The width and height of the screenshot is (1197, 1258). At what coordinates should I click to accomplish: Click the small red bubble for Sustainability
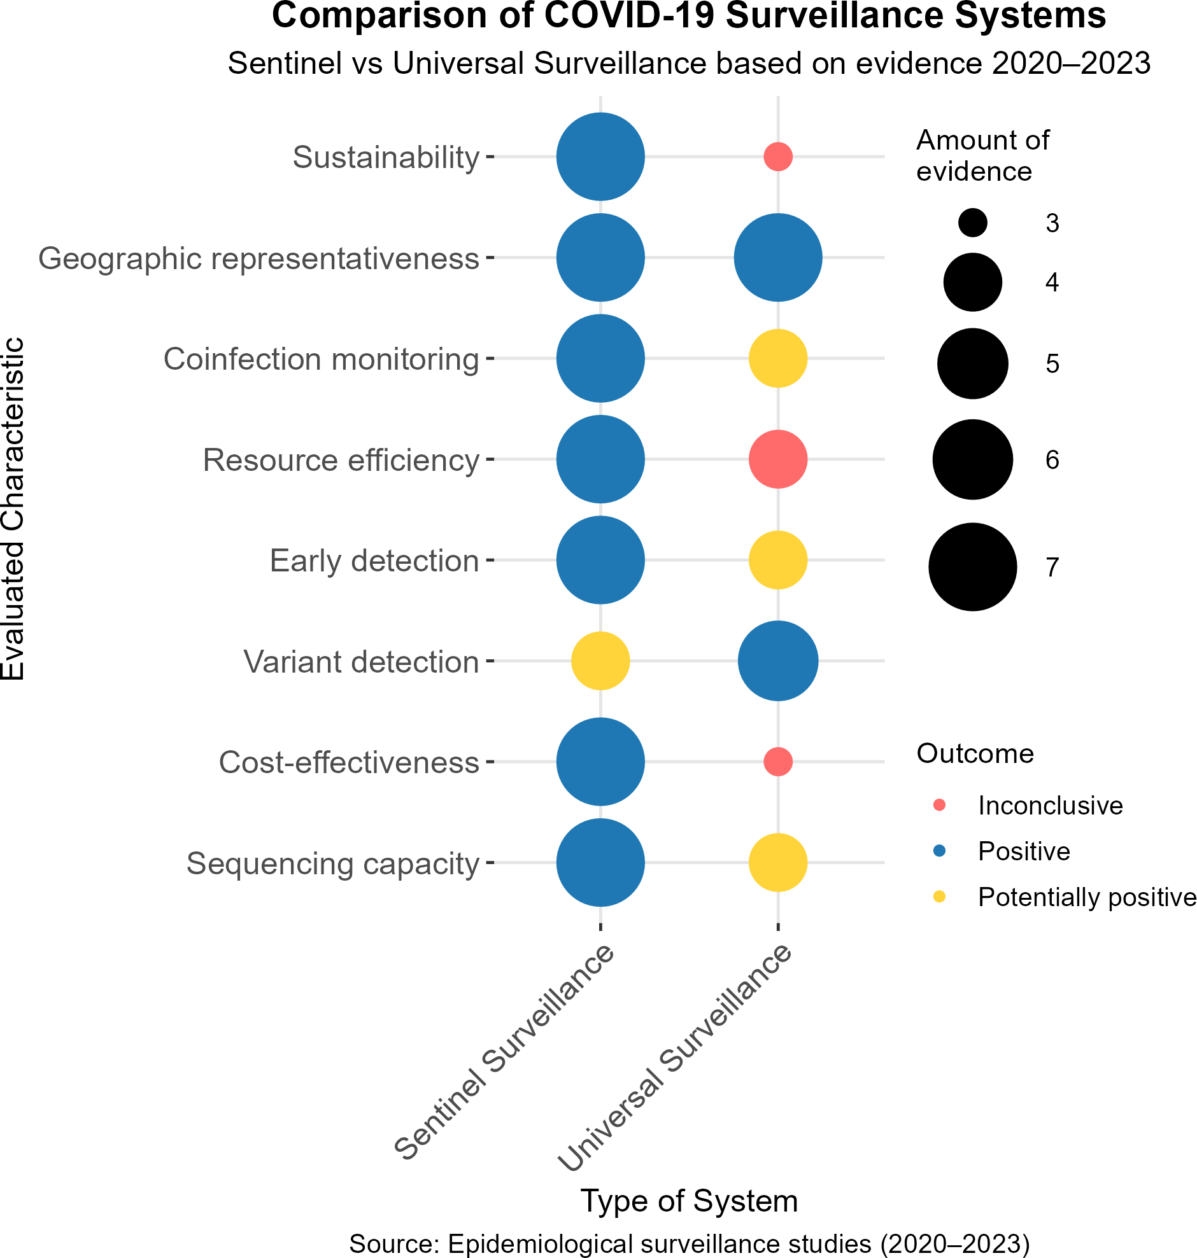778,156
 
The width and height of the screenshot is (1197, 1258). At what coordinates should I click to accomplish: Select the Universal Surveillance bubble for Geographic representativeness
778,258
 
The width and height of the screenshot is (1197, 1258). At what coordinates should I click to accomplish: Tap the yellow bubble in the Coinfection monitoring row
778,358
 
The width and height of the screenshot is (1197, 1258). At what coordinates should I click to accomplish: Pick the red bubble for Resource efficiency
778,459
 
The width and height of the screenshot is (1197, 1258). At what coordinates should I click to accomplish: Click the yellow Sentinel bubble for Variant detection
600,661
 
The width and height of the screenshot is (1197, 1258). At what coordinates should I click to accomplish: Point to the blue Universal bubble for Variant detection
778,661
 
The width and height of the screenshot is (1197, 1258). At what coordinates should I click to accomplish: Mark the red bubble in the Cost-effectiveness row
778,761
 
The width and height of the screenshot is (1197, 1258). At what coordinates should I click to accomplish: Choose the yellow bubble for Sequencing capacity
778,863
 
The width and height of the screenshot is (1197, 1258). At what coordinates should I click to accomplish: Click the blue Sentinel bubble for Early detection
600,561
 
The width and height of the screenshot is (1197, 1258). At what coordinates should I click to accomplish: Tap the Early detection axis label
374,561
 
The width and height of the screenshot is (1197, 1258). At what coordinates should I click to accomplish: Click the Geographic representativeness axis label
259,259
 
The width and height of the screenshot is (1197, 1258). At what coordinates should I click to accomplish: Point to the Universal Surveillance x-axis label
675,1059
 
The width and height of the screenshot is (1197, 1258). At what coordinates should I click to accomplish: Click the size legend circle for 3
972,223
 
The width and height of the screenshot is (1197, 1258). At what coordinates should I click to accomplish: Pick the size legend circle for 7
972,567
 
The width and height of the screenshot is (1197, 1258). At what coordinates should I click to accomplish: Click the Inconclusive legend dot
939,806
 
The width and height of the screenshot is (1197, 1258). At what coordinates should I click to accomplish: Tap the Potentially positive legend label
1086,897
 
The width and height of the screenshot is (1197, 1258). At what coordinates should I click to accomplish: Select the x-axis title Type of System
689,1201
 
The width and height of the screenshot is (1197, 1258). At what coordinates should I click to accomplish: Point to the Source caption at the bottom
689,1244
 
